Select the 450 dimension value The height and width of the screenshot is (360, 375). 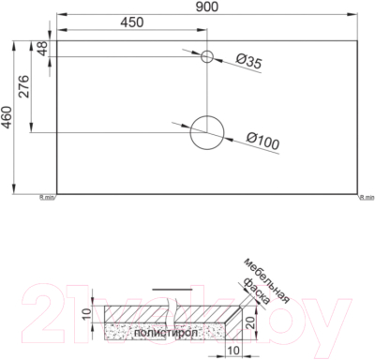pos(133,23)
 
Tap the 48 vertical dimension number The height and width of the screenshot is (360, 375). pos(42,49)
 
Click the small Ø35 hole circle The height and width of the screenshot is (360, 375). pos(208,55)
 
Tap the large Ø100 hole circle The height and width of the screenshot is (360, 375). pos(207,132)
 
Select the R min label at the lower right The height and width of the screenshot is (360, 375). pos(367,198)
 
